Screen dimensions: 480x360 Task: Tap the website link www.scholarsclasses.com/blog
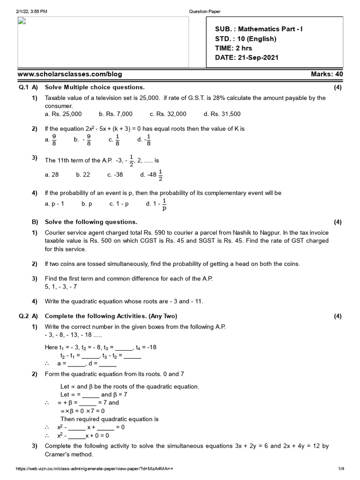click(70, 75)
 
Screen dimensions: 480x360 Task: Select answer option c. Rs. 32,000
click(168, 114)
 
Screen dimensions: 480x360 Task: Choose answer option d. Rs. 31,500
click(222, 114)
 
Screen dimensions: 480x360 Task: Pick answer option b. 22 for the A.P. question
click(83, 175)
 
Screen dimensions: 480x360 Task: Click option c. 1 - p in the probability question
click(119, 204)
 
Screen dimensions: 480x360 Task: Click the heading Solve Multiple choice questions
click(95, 88)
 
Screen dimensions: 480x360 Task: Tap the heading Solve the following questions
click(91, 222)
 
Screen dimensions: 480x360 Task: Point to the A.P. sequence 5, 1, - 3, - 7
click(62, 286)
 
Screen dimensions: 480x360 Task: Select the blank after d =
click(108, 363)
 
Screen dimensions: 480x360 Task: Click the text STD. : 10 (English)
click(246, 39)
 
